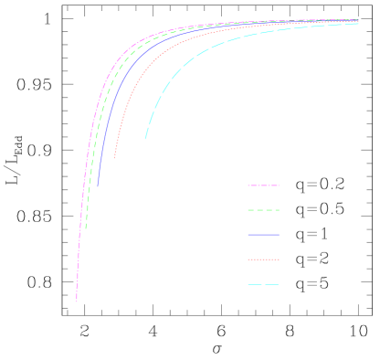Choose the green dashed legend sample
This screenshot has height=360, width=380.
coord(263,210)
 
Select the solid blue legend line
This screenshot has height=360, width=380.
coord(263,235)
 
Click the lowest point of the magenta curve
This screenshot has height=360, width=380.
coord(77,301)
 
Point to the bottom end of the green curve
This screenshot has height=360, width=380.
coord(86,228)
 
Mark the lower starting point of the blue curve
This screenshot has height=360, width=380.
coord(99,186)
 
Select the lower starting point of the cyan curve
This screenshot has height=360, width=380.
coord(145,139)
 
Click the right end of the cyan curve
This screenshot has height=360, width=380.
coord(358,24)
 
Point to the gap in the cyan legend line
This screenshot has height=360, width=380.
coord(264,285)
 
